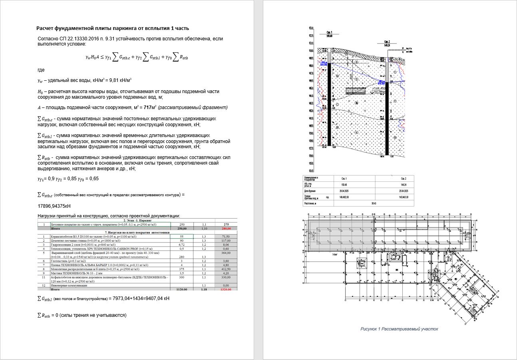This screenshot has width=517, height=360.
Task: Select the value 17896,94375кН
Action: coord(54,206)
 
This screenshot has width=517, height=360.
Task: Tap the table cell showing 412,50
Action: coord(226,269)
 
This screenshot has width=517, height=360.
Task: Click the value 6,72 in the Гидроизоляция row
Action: coord(181,245)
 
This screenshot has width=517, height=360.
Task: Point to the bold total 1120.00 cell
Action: coord(181,289)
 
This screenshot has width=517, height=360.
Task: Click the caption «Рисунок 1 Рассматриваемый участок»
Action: coord(399,329)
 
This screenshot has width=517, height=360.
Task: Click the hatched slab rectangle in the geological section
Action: coord(356,91)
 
